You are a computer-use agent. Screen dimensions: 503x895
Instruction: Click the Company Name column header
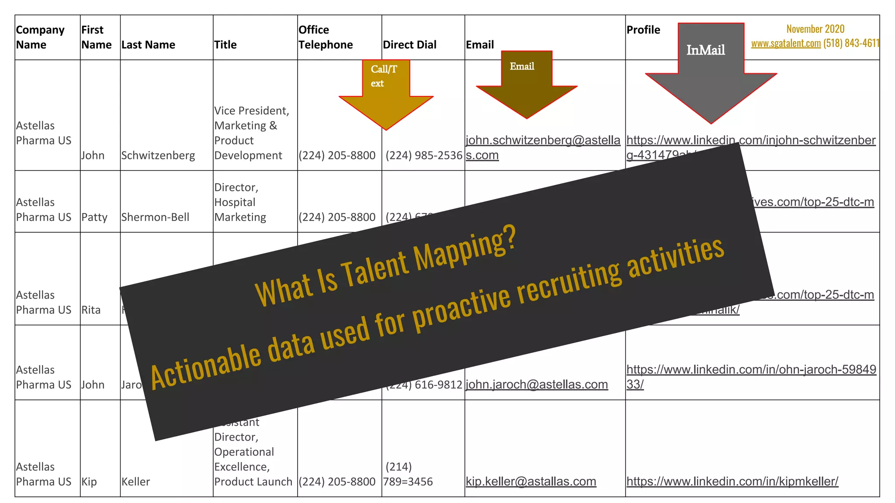tap(40, 37)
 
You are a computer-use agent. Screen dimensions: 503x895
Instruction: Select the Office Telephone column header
tap(326, 37)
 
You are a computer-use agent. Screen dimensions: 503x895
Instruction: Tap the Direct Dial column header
tap(409, 45)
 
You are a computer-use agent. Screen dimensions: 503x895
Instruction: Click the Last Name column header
tap(148, 45)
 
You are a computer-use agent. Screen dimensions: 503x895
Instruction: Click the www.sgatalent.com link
tap(786, 43)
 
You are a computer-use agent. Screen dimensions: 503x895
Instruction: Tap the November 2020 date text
tap(815, 29)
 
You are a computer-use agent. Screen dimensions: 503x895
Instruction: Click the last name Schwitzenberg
tap(158, 155)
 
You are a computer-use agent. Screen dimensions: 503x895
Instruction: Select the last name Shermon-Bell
tap(155, 217)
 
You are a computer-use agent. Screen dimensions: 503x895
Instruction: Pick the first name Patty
tap(94, 217)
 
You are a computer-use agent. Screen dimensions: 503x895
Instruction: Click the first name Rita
tap(91, 310)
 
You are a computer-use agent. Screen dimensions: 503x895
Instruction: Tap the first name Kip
tap(89, 482)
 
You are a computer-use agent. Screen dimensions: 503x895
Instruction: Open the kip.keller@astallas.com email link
tap(531, 482)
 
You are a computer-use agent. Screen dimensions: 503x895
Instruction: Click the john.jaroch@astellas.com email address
tap(537, 384)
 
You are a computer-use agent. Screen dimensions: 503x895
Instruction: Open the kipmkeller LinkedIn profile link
tap(732, 481)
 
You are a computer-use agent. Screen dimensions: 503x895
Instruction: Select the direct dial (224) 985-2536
tap(423, 155)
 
